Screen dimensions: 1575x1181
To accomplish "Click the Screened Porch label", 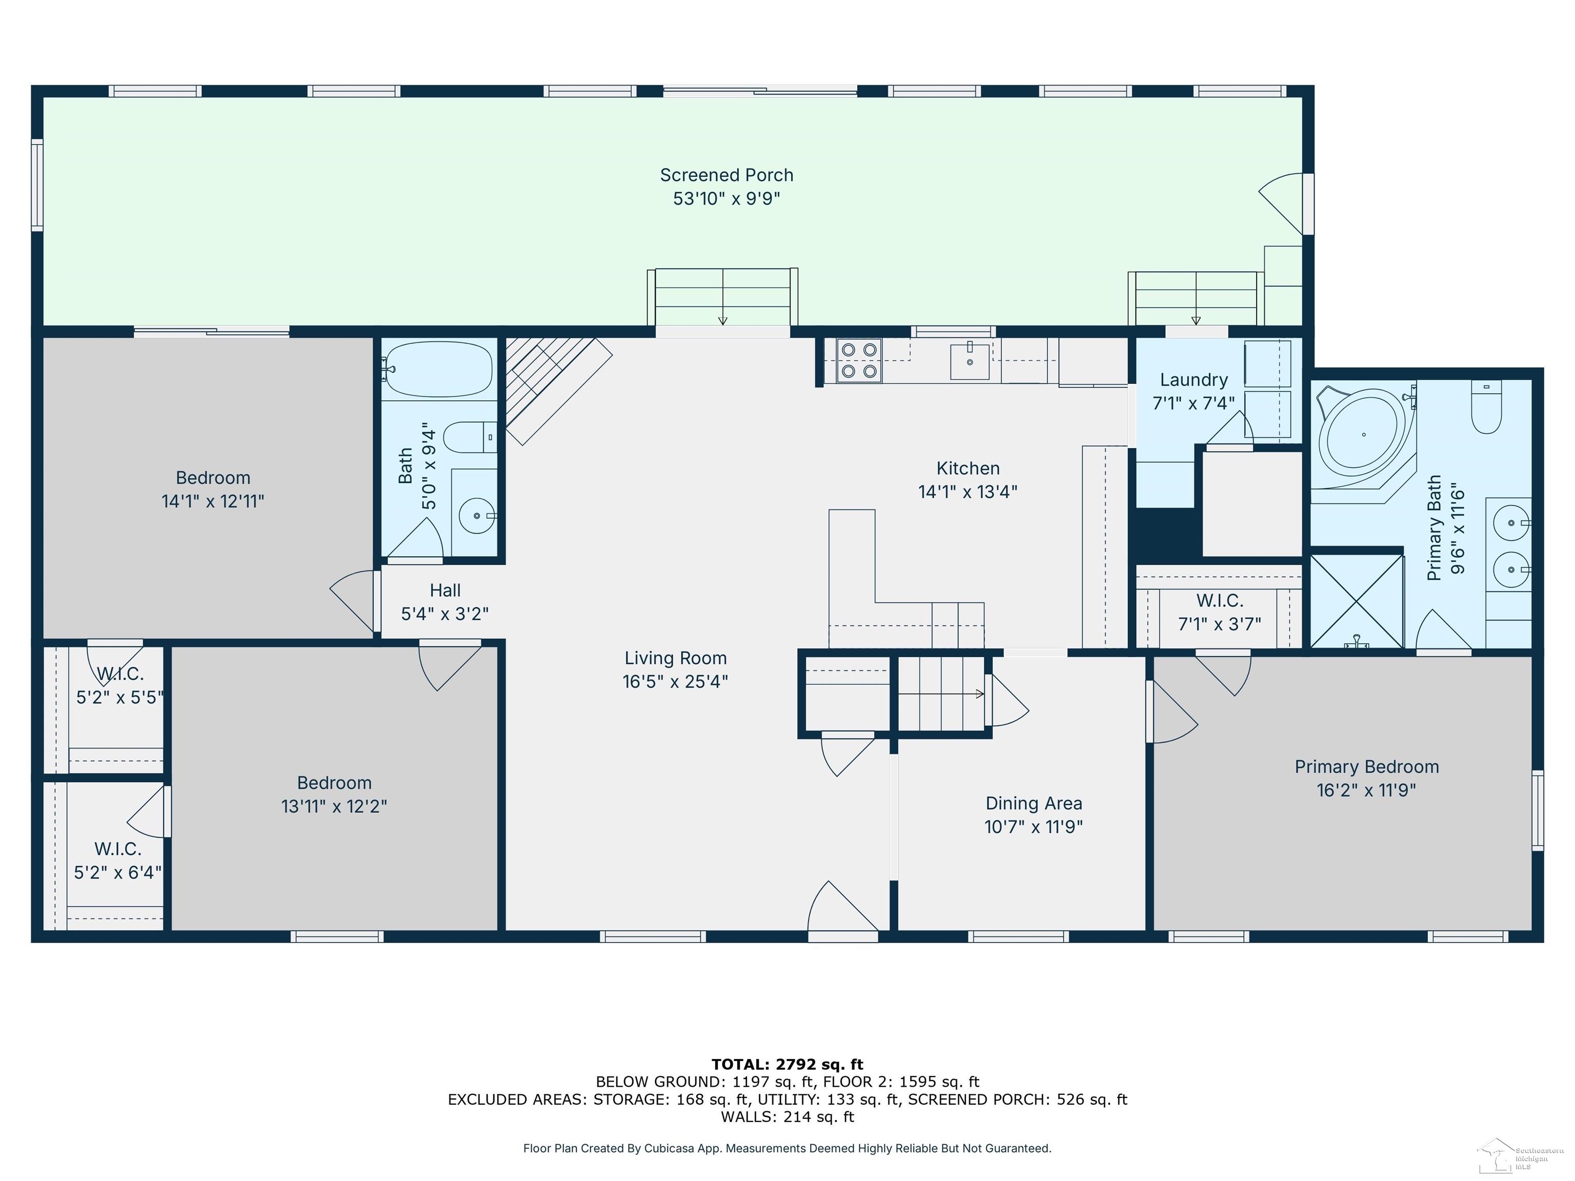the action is (x=726, y=175).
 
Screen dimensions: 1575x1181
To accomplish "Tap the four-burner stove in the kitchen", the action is (x=859, y=360).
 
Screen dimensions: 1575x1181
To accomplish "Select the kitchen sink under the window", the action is (x=970, y=362).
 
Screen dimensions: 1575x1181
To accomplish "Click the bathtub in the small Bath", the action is (x=438, y=369).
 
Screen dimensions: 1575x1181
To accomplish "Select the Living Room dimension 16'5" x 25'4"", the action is (x=675, y=681).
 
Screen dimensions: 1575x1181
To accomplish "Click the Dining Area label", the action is (x=1034, y=803).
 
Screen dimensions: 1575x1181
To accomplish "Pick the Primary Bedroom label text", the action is (x=1366, y=767).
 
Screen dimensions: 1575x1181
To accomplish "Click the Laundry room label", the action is (x=1194, y=380).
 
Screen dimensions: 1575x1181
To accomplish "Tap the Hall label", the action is (x=445, y=590).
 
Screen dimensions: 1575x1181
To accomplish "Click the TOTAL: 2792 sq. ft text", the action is (x=787, y=1064).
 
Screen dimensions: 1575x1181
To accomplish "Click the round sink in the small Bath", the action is (x=476, y=515).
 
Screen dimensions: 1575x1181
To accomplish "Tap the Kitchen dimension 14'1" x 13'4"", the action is (x=967, y=491).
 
